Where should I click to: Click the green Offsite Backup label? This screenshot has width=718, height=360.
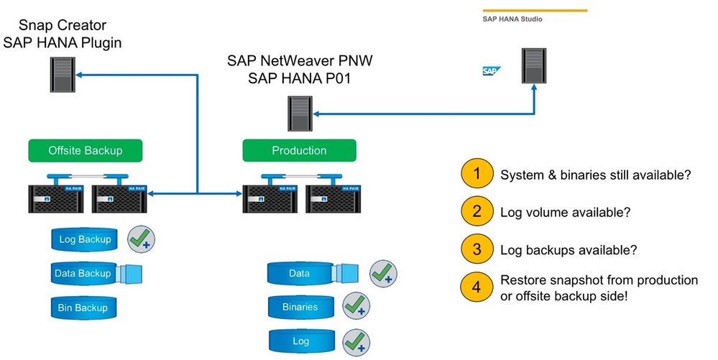(x=86, y=151)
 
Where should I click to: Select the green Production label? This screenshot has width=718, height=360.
(x=299, y=151)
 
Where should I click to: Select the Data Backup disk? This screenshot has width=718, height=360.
(x=83, y=273)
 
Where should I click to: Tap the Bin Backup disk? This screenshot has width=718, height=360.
(x=83, y=308)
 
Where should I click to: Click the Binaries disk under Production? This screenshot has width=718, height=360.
(x=300, y=307)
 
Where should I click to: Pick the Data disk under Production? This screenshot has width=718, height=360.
(x=299, y=273)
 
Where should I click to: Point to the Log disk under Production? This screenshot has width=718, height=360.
(x=300, y=341)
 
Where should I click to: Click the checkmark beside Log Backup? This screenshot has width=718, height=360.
(x=142, y=239)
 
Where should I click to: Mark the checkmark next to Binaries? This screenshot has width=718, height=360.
(x=356, y=306)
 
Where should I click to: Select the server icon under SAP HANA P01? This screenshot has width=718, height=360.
(x=300, y=112)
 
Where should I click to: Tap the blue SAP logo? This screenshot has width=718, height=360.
(x=491, y=71)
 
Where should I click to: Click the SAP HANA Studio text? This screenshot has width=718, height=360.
(x=512, y=19)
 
